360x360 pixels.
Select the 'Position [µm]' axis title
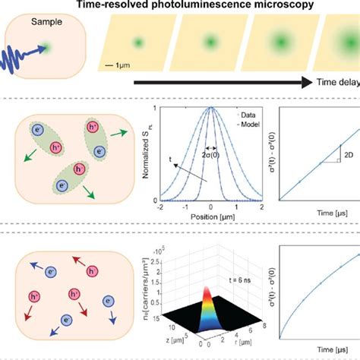[210, 216]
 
